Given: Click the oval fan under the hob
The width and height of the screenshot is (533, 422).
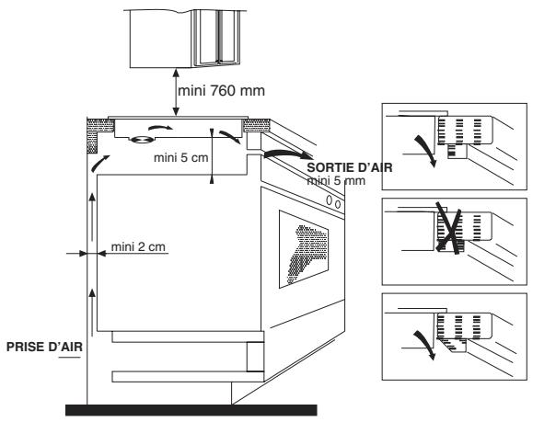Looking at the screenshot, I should tap(142, 139).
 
